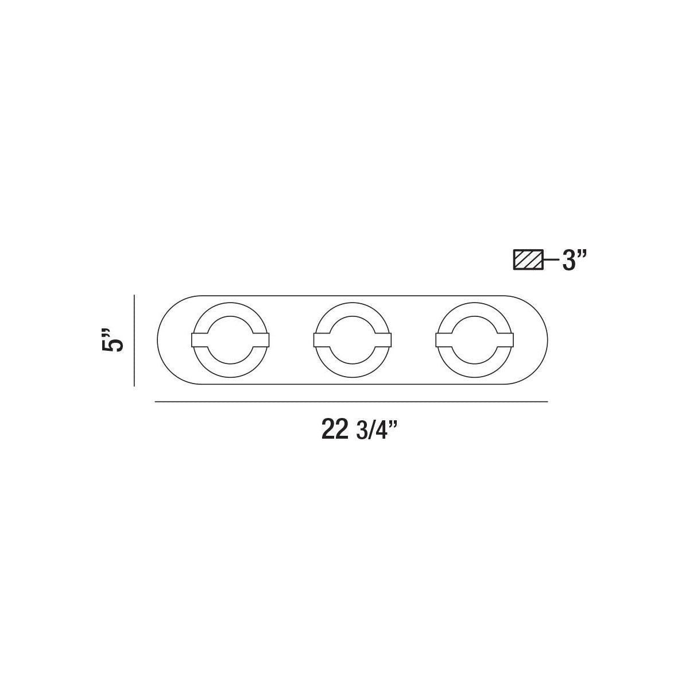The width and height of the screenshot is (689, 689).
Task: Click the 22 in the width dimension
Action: pyautogui.click(x=335, y=429)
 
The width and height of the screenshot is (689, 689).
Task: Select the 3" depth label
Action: pyautogui.click(x=575, y=261)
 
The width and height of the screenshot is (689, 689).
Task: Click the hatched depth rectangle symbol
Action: pyautogui.click(x=528, y=260)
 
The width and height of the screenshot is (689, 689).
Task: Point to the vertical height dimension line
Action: pyautogui.click(x=134, y=340)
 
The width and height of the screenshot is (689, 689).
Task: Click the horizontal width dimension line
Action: pyautogui.click(x=351, y=402)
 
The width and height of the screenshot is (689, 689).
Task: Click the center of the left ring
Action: pyautogui.click(x=230, y=340)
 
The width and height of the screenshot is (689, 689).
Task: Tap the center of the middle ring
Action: pyautogui.click(x=353, y=340)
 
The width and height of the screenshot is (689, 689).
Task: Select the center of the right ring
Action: pyautogui.click(x=475, y=340)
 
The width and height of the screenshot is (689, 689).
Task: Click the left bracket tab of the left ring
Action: pyautogui.click(x=199, y=340)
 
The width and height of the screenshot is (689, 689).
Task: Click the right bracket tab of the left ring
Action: pyautogui.click(x=260, y=340)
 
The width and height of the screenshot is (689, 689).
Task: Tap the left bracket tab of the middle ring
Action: pyautogui.click(x=322, y=340)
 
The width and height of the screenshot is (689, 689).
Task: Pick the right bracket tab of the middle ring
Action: pyautogui.click(x=384, y=340)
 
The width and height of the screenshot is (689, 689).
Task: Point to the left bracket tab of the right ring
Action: pyautogui.click(x=444, y=340)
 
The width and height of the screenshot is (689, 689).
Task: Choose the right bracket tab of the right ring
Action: pyautogui.click(x=506, y=340)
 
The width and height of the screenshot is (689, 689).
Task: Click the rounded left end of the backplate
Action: pyautogui.click(x=167, y=340)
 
